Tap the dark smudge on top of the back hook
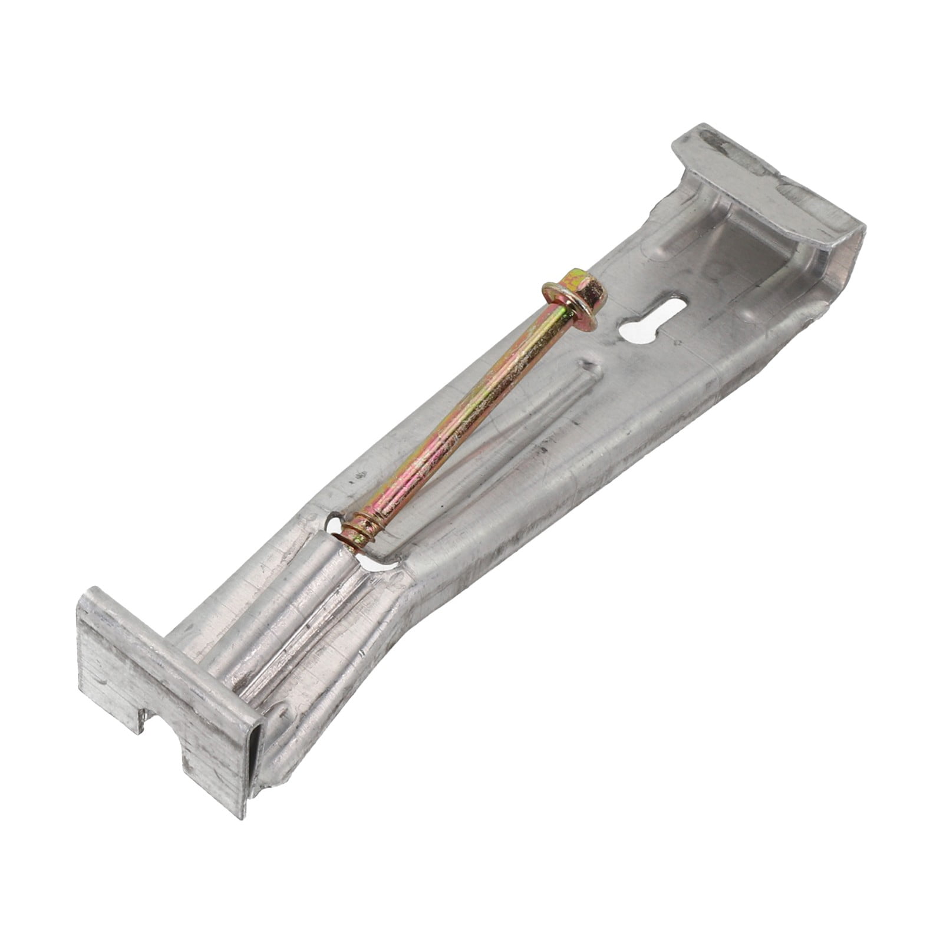[716, 144]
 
